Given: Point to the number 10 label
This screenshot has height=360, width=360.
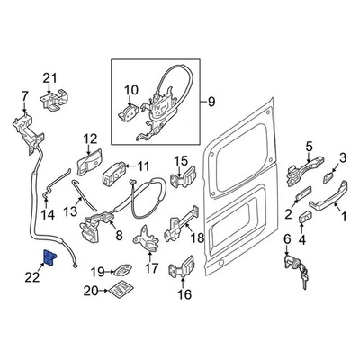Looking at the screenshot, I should pos(130,89).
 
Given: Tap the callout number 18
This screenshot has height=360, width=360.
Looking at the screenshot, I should pos(198,238).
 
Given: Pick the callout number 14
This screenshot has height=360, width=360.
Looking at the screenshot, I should pos(49,215).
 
